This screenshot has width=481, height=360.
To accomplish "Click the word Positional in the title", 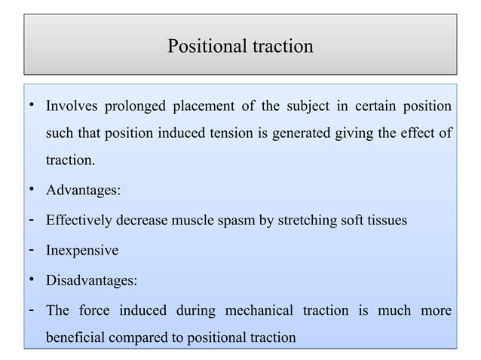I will coord(205,47).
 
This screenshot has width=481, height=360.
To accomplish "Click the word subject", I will coord(307,104).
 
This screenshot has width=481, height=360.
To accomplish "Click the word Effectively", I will coord(79,221).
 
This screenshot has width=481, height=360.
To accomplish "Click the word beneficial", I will coord(77,338).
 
